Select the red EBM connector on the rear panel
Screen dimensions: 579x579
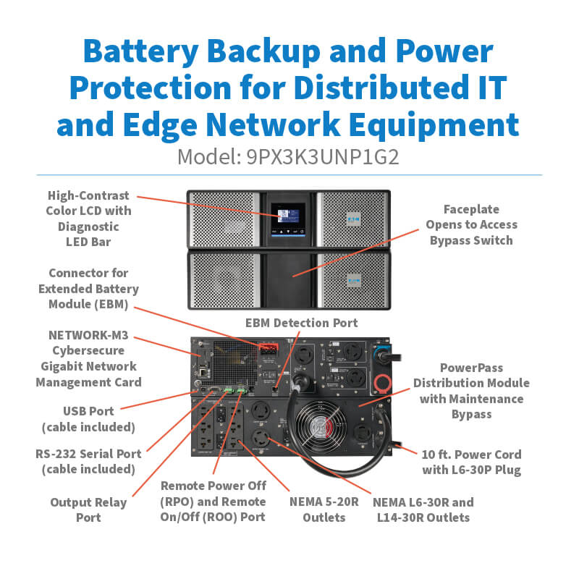[267, 350]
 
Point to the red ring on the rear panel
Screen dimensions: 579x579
[380, 381]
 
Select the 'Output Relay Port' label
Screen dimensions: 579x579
[88, 510]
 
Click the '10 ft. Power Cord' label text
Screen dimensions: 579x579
[472, 455]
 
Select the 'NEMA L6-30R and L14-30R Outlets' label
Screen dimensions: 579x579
[423, 510]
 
